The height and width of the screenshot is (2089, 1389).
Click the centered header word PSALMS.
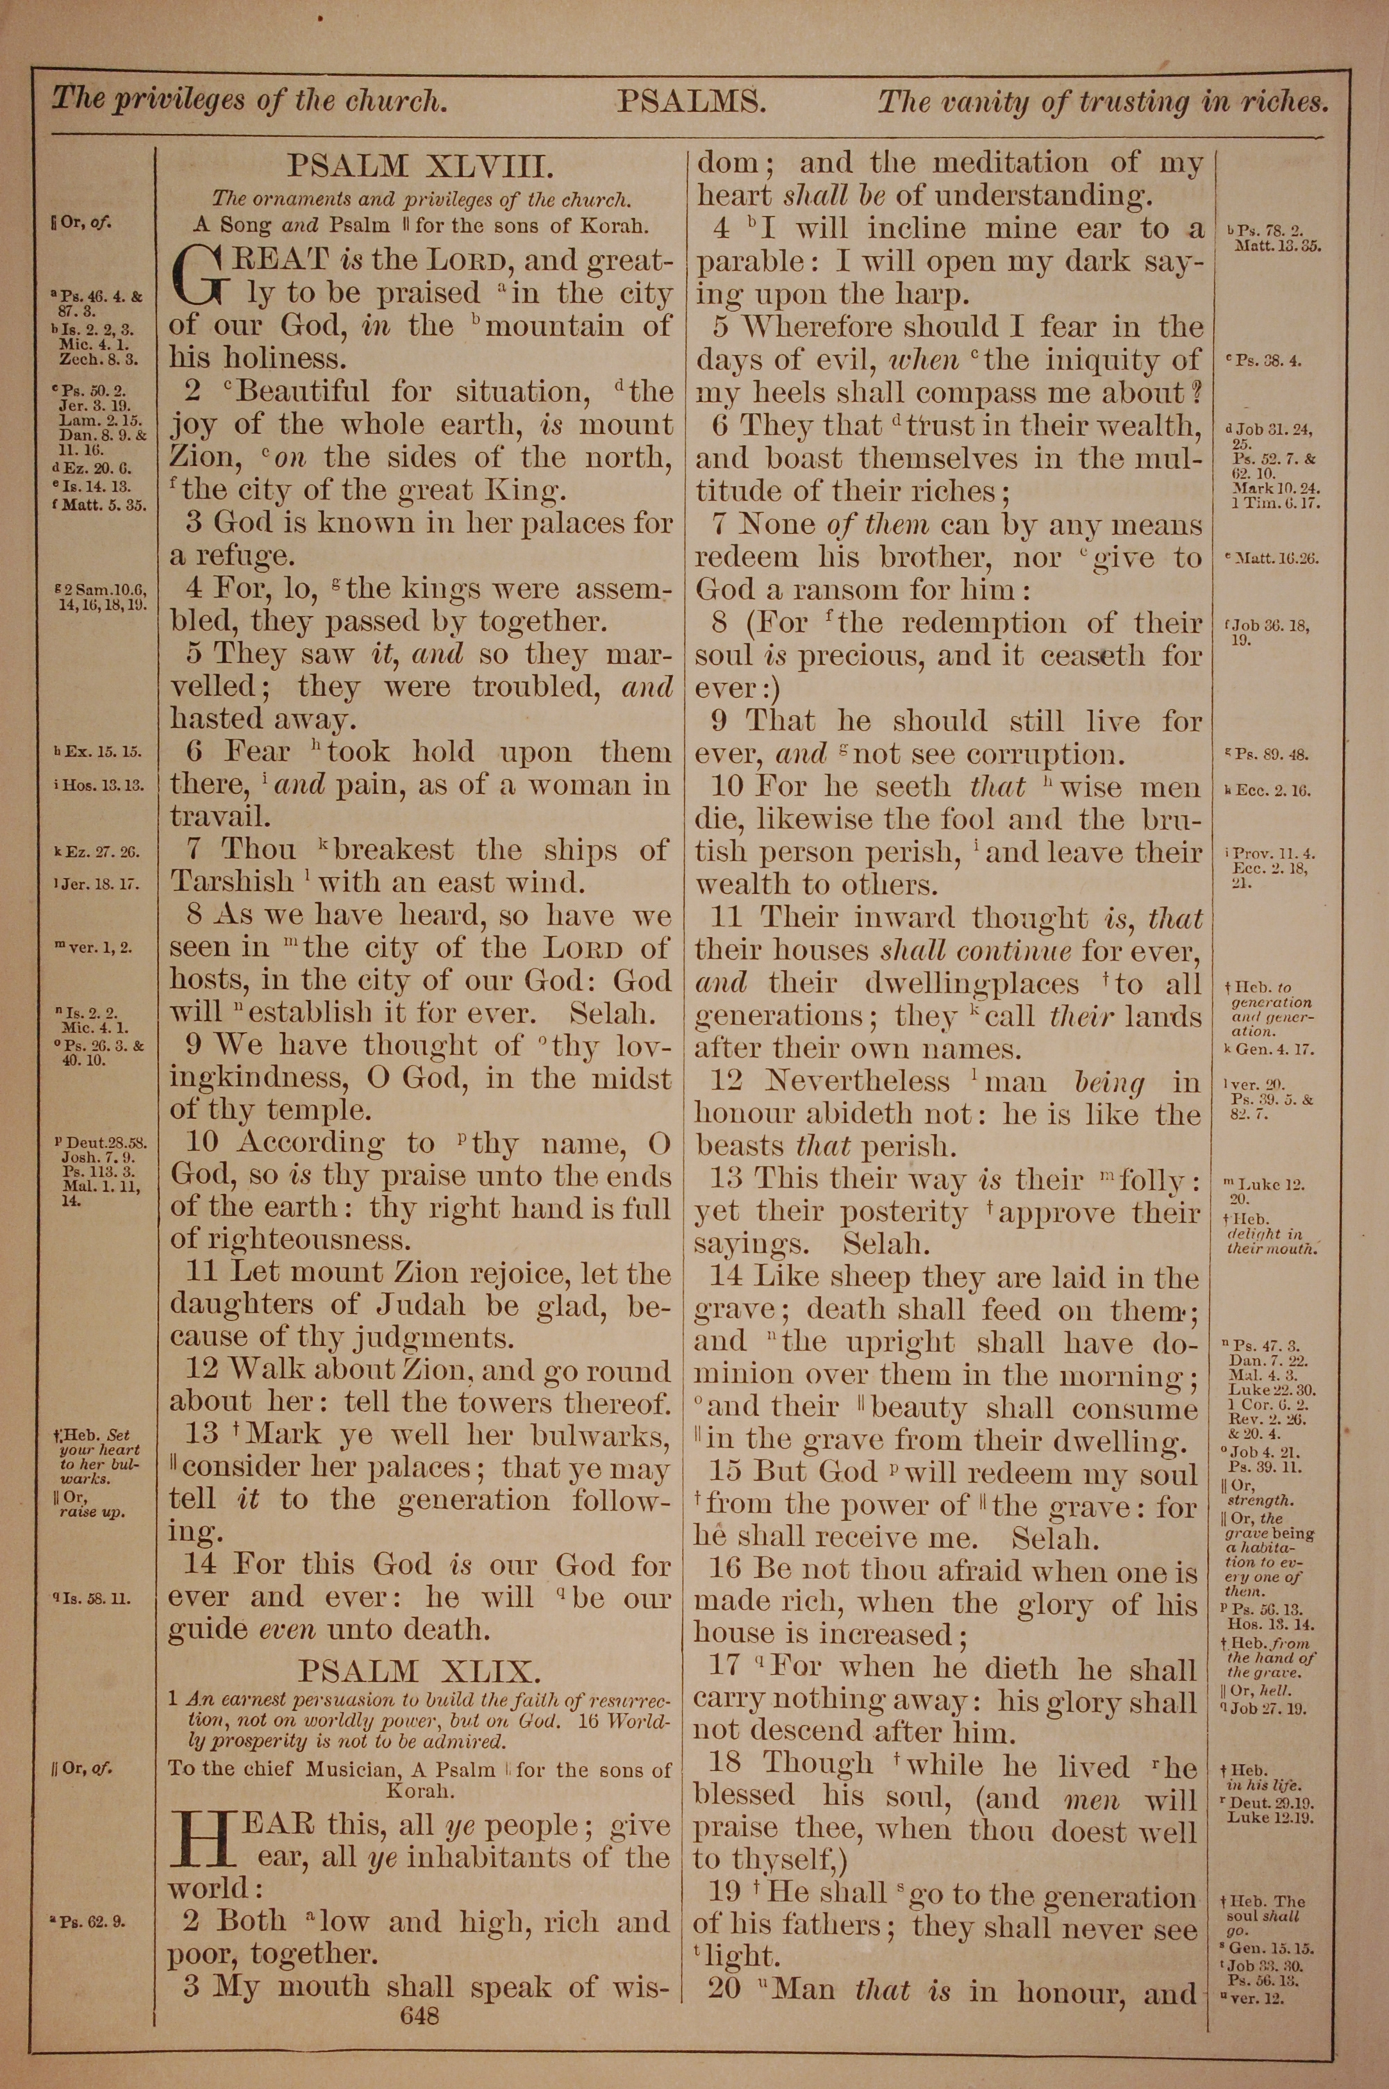pyautogui.click(x=691, y=103)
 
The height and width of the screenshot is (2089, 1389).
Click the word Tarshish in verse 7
pyautogui.click(x=232, y=882)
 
